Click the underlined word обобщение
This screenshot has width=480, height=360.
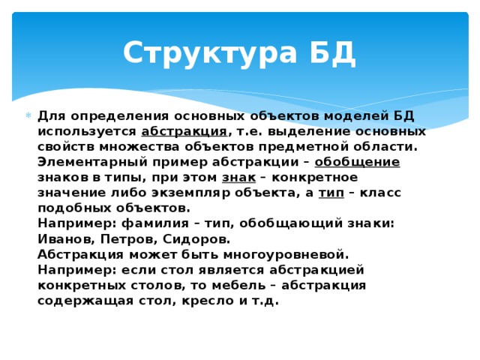click(357, 162)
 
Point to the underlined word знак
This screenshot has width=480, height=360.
click(239, 177)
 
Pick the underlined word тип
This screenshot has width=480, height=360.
click(331, 193)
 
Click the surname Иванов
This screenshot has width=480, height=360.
click(64, 238)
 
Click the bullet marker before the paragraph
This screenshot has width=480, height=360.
click(28, 116)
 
